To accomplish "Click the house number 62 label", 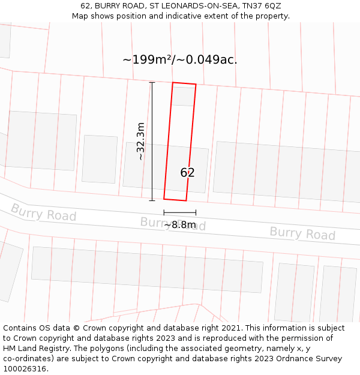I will coord(187,173).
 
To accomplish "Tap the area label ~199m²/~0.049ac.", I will coord(180,60).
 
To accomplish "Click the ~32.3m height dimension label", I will coord(140,141).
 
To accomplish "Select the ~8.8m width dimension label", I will coord(180,225).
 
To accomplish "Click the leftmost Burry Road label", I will coord(43,212).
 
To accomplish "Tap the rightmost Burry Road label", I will coord(302,233).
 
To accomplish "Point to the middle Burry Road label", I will coord(173,224).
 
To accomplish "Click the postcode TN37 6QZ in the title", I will coord(262,6).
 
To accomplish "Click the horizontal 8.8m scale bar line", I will coord(179,212).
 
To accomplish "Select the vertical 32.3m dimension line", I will coord(152,141).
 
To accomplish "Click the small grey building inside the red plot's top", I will coord(184,96).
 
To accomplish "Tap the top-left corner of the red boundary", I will coord(173,83).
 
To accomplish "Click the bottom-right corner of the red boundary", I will coord(186,201).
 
